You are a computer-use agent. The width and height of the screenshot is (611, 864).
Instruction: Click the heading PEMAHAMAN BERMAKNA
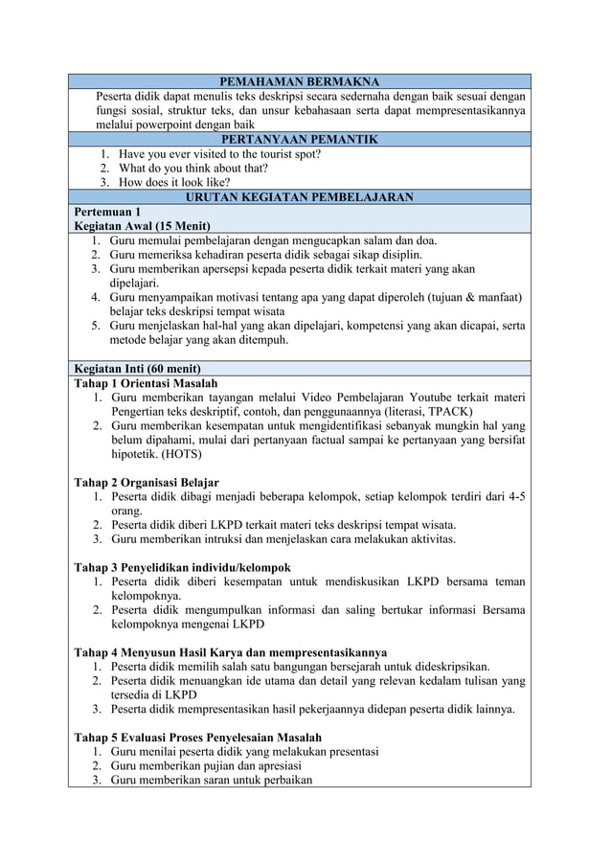(x=300, y=81)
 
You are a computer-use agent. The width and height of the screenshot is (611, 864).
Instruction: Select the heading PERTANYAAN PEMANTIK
(x=300, y=139)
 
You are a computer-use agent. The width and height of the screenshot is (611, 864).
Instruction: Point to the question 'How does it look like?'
(x=174, y=182)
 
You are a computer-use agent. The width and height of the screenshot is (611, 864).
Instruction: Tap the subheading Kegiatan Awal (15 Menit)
(x=142, y=225)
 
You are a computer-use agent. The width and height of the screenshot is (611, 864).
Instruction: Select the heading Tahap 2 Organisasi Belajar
(x=147, y=482)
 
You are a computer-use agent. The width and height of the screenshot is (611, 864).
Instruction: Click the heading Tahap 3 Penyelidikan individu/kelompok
(x=182, y=567)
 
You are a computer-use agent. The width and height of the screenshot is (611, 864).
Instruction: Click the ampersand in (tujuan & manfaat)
(x=464, y=297)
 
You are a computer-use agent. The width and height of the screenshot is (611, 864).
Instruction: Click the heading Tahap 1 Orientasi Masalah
(x=145, y=383)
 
